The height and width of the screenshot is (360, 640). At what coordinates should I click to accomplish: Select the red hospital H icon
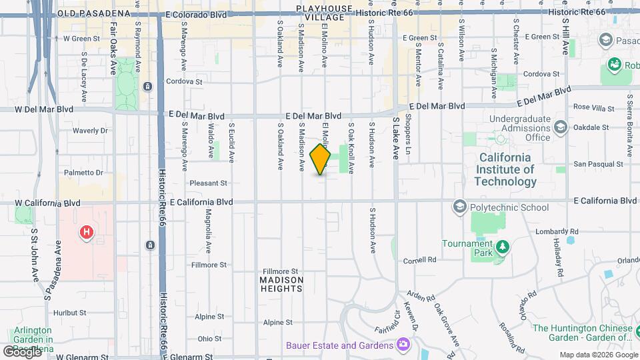[x=86, y=233]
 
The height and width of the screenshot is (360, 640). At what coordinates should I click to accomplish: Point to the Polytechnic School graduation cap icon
[x=459, y=207]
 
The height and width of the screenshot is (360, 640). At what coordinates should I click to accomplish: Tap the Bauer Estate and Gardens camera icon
[x=403, y=344]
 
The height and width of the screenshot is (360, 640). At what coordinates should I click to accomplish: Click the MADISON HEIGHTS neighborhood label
[x=281, y=284]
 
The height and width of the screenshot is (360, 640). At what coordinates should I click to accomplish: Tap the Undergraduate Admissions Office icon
[x=561, y=127]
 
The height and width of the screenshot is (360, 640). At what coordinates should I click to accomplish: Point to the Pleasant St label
[x=209, y=182]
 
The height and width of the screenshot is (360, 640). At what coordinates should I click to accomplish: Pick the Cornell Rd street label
[x=419, y=259]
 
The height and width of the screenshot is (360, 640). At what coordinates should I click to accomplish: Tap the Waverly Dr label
[x=90, y=131]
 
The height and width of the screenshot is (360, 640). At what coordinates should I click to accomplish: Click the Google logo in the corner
[x=22, y=351]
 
